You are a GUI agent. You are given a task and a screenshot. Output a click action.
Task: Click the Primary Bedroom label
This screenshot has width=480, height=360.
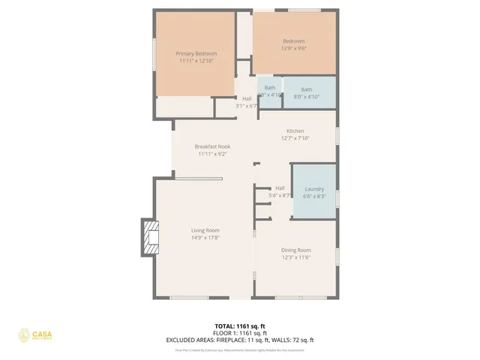(196, 53)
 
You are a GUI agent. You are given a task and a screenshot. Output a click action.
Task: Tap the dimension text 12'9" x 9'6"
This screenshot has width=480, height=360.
(294, 48)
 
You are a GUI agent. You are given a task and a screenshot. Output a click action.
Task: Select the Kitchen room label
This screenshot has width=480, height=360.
(295, 130)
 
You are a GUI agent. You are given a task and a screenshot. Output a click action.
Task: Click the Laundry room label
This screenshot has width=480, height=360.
(313, 188)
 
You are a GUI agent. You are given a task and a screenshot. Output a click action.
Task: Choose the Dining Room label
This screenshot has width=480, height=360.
(295, 250)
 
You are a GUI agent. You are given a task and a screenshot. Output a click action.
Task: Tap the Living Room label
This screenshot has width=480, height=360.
(205, 230)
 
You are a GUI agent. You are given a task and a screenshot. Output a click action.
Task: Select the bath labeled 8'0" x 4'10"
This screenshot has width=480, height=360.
(307, 89)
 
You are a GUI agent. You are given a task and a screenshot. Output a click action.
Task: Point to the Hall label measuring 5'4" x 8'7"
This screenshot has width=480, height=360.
(280, 187)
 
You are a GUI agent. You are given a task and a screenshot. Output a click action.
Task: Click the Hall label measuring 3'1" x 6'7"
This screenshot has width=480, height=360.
(247, 98)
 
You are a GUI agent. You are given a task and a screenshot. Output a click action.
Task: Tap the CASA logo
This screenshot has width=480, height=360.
(37, 334)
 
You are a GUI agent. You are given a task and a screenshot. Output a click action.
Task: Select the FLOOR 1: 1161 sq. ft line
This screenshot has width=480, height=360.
(240, 333)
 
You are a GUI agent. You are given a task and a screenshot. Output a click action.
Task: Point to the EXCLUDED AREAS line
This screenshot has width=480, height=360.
(240, 340)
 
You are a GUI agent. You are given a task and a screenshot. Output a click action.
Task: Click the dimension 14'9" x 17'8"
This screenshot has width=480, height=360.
(205, 238)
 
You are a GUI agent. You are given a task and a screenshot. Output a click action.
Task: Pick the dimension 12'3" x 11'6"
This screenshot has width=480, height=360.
(295, 257)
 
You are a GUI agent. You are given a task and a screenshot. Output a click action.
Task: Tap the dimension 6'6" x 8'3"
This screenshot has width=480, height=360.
(313, 196)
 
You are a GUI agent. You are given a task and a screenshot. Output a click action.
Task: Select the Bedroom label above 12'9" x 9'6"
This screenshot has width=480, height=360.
(294, 40)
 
